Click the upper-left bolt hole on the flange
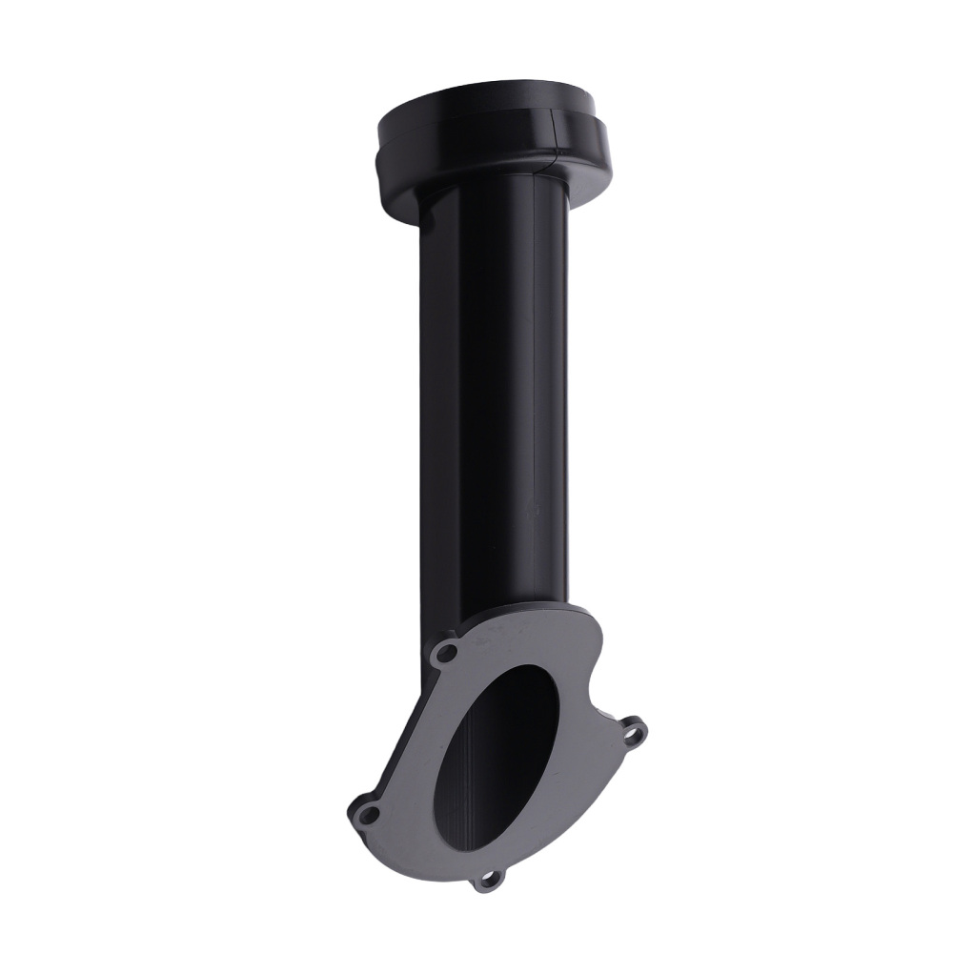(x=445, y=654)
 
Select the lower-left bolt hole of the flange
(x=367, y=813)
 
